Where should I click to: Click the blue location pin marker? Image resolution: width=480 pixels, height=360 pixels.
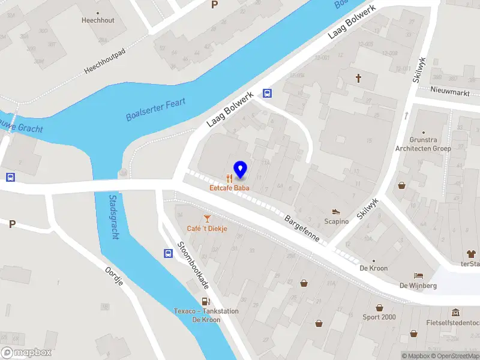point(241,170)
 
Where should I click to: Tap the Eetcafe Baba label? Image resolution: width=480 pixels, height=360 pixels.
point(230,188)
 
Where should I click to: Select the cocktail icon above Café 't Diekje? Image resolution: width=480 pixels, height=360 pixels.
point(207,218)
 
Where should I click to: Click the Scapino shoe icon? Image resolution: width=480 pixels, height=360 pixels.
point(336,211)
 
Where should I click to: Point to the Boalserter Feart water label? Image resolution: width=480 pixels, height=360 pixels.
point(155,109)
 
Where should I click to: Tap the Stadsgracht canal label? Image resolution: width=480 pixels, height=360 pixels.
point(113,217)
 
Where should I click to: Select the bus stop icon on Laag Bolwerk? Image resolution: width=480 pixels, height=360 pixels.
point(267,93)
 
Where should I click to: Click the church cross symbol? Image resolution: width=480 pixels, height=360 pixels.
point(359,78)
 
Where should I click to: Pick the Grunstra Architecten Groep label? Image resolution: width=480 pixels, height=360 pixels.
point(422,144)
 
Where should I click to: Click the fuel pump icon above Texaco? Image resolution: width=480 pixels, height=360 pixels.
point(206,302)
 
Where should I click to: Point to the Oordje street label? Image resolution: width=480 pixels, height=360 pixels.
point(113,276)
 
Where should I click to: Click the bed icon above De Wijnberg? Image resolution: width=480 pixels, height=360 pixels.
point(418,275)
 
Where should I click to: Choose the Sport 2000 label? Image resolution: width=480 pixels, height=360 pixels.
point(379,317)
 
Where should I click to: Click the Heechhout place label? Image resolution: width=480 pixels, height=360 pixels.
point(98,20)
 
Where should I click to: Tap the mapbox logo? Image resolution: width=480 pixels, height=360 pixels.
point(26,353)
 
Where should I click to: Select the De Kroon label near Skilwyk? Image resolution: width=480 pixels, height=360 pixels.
point(374,268)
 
